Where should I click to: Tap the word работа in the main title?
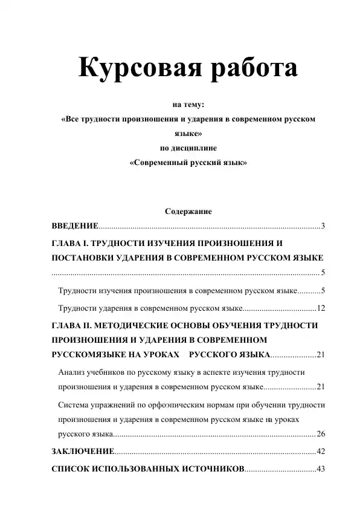click(251, 67)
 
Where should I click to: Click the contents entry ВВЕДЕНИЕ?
click(75, 226)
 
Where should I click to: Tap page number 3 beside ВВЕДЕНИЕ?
click(323, 226)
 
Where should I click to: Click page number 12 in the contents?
click(321, 308)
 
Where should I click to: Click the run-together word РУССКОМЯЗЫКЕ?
click(95, 354)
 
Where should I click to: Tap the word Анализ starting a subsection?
click(72, 371)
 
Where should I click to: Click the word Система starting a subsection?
click(74, 404)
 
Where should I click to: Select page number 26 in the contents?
click(321, 433)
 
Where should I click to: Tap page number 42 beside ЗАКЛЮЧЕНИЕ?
click(321, 452)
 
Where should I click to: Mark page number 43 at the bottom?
click(321, 468)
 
